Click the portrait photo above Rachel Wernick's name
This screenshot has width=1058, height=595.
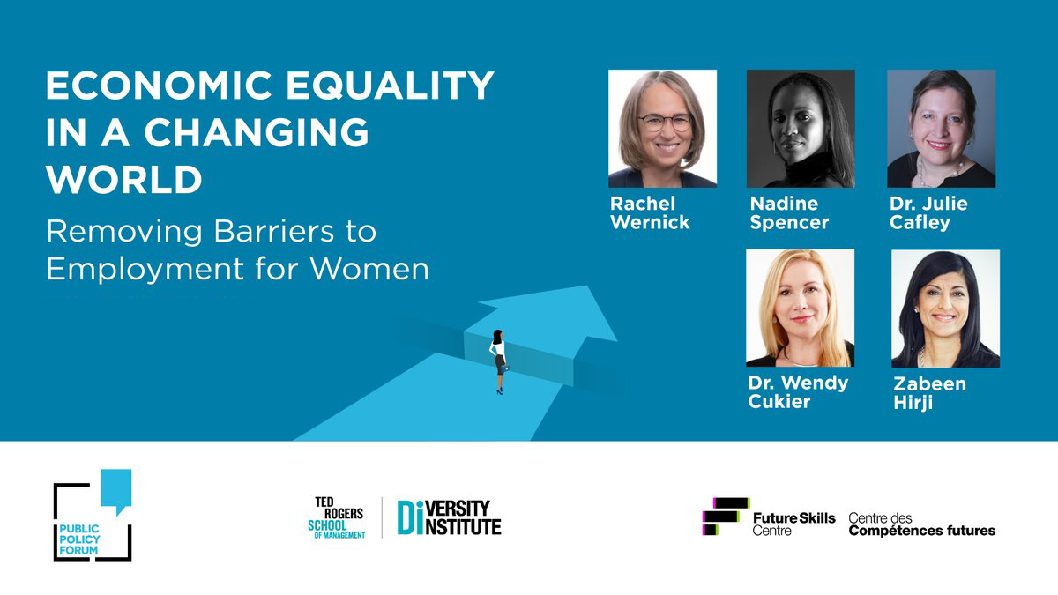pos(662,129)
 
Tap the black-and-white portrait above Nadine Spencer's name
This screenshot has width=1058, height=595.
pos(801,129)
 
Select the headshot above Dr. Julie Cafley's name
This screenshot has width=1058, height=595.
pos(941,129)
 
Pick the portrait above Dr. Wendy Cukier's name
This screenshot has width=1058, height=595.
pos(800,308)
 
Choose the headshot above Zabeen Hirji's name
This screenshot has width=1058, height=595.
pos(945,309)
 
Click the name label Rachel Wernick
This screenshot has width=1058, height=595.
pos(650,213)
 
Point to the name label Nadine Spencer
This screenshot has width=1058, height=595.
pos(789,213)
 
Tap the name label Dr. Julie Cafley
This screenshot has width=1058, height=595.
pos(928,213)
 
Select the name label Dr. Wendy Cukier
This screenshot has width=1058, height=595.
pos(797,392)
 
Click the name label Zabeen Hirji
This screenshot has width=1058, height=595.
pos(929,393)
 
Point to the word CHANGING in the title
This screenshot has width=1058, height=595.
pos(257,133)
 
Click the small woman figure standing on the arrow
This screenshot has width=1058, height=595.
pos(499,361)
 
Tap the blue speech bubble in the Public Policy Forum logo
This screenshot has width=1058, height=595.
pos(115,490)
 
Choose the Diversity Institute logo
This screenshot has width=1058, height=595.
pos(449,517)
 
